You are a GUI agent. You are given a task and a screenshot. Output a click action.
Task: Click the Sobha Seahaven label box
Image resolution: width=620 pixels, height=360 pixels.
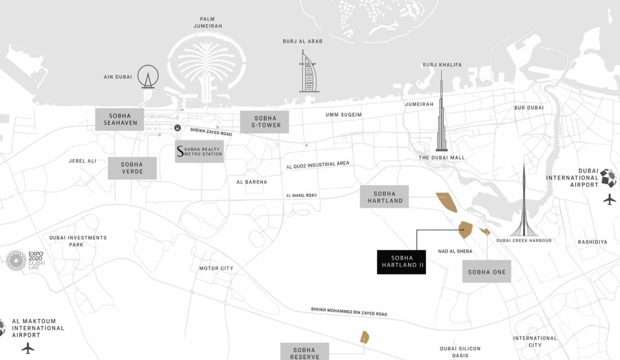click(x=119, y=119)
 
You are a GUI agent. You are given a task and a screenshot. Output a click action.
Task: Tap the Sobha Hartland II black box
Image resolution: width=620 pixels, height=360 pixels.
click(x=401, y=262)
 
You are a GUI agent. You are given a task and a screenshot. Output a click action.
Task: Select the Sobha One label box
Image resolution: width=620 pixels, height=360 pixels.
click(x=486, y=271)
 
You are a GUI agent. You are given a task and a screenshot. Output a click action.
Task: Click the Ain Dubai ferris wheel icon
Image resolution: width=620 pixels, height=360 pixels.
click(x=148, y=77)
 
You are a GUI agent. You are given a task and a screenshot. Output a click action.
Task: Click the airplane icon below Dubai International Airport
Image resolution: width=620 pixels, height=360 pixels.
click(x=609, y=199)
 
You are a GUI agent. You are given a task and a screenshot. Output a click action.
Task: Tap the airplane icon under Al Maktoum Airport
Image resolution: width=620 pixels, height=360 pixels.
click(x=28, y=348)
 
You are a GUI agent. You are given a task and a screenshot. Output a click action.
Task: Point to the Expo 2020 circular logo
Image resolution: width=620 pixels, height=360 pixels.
click(x=16, y=260)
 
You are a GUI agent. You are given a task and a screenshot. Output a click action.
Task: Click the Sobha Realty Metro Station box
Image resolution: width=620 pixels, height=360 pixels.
click(x=199, y=151)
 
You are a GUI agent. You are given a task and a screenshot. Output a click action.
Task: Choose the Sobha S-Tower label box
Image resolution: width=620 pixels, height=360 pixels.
click(x=264, y=122)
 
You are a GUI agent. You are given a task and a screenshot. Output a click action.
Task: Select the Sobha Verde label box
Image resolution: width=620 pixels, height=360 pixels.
click(x=132, y=168)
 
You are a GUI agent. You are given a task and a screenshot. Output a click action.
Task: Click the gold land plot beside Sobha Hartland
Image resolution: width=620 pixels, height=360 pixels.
click(x=447, y=202)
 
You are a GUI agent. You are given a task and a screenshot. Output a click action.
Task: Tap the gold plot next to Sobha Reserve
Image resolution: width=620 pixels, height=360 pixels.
click(x=364, y=337)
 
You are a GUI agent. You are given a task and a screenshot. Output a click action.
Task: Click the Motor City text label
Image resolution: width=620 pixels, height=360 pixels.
click(x=216, y=268)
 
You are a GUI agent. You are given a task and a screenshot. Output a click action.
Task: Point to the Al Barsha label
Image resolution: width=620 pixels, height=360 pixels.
click(x=251, y=182)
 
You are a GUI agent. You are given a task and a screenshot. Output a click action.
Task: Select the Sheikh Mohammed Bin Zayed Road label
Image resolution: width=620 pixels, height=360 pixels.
click(x=349, y=312)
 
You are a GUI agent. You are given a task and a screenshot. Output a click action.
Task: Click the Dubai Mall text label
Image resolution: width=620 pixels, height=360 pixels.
click(x=442, y=157)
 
